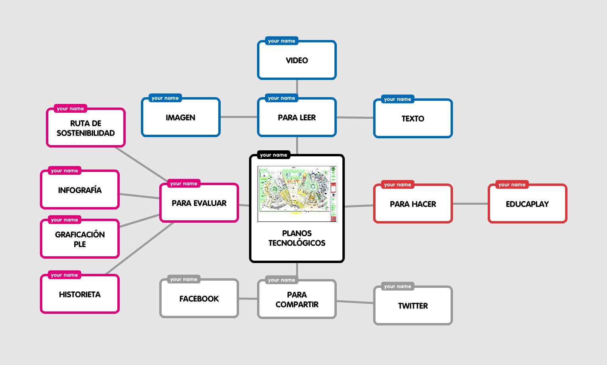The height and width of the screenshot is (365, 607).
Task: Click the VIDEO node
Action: click(297, 60)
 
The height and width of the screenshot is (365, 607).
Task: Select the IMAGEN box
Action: click(180, 118)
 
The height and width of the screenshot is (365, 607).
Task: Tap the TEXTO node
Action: click(413, 119)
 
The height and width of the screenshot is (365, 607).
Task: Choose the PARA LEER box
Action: click(297, 118)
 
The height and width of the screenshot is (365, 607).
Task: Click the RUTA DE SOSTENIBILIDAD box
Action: click(86, 128)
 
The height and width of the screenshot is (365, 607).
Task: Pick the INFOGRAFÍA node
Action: click(80, 190)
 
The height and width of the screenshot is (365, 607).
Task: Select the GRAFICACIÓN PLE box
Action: click(80, 239)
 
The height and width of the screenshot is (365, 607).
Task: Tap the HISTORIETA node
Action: click(80, 295)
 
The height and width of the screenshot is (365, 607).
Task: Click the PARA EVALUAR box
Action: click(199, 203)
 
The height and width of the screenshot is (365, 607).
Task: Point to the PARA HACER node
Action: click(413, 204)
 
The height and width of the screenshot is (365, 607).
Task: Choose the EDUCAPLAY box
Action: click(527, 204)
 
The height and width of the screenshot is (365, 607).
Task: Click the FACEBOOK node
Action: click(199, 299)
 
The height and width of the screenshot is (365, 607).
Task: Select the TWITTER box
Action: click(413, 306)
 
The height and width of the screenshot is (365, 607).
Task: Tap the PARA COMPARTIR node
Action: click(297, 299)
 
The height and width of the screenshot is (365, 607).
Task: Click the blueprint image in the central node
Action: click(297, 194)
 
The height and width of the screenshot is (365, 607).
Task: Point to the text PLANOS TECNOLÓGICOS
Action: click(297, 238)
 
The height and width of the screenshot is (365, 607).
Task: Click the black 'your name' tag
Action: click(273, 155)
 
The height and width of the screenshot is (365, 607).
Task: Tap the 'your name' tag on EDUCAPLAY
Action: click(512, 185)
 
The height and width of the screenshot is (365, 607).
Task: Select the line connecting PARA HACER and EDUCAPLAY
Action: click(470, 204)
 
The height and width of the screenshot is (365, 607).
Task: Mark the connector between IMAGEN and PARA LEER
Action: click(239, 117)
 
